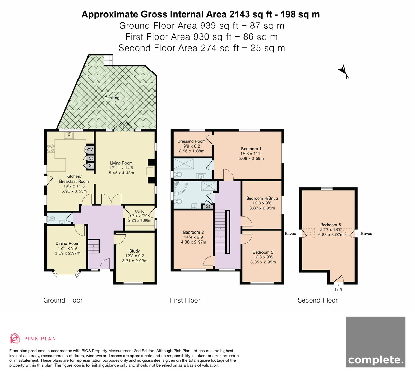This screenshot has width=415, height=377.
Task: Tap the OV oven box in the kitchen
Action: [90, 149]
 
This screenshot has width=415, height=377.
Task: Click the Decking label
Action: [112, 98]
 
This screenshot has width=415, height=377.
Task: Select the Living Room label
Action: [121, 163]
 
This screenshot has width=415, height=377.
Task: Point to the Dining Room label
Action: [67, 243]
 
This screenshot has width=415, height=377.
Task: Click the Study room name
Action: [135, 251]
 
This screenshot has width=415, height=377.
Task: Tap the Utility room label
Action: [139, 211]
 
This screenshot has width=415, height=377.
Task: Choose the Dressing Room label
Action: [192, 141]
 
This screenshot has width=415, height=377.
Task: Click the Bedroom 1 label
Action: [251, 149]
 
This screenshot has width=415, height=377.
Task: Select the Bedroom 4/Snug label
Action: [262, 198]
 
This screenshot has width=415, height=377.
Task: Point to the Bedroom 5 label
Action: [331, 225]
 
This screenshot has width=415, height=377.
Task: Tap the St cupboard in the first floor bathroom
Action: [208, 206]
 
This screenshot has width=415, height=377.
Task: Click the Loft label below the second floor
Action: [339, 290]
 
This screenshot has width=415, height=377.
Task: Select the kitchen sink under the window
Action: [69, 135]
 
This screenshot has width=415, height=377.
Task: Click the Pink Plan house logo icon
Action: [15, 339]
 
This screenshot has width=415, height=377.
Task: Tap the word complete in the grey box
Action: [376, 360]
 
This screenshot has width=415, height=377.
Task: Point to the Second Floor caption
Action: [317, 300]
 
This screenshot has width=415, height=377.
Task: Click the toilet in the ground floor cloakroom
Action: [51, 219]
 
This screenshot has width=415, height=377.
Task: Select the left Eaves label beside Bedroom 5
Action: [290, 234]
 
